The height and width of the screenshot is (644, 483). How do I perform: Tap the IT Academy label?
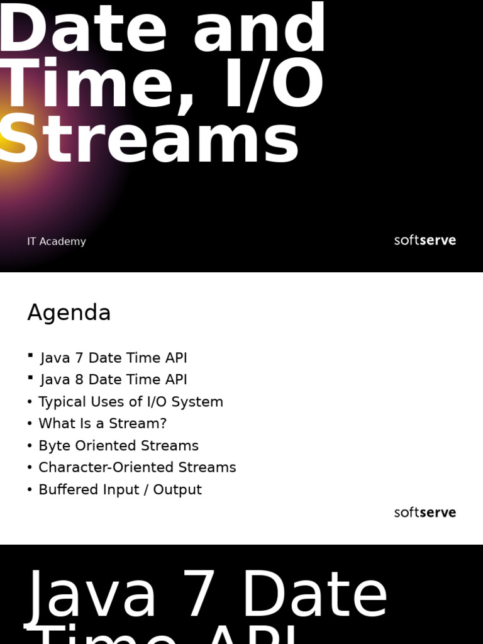tap(57, 241)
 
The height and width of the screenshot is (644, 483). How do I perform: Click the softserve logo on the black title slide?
tap(425, 240)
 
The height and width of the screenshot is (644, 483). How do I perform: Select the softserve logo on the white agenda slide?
tap(425, 513)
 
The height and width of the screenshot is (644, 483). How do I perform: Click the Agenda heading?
tap(69, 313)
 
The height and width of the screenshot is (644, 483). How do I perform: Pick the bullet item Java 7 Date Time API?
tap(114, 358)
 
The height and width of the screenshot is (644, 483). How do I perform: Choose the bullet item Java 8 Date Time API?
tap(114, 380)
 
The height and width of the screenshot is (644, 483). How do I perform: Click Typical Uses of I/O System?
tap(131, 402)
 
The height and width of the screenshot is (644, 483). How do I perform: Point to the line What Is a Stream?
tap(103, 424)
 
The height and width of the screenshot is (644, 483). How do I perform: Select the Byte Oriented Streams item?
tap(118, 446)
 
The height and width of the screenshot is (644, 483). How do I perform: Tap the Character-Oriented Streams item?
tap(137, 468)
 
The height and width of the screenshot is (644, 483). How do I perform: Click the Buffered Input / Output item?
tap(120, 490)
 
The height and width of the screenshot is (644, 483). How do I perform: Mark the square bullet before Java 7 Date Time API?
tap(30, 356)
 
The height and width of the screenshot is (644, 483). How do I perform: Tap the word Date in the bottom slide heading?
tap(314, 594)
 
